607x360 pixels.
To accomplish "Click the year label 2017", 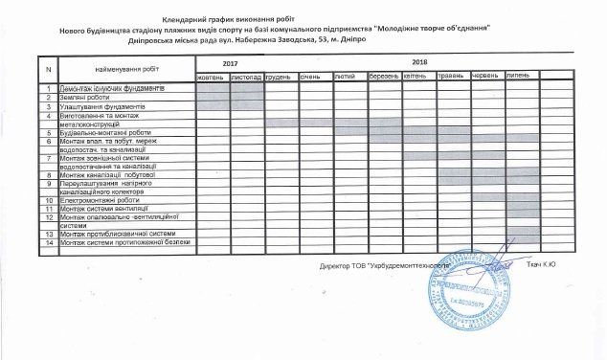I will [230, 64].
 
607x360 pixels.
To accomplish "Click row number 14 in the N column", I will [48, 242].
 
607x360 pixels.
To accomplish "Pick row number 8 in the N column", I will [48, 175].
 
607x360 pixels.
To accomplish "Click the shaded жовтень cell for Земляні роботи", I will [213, 97].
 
